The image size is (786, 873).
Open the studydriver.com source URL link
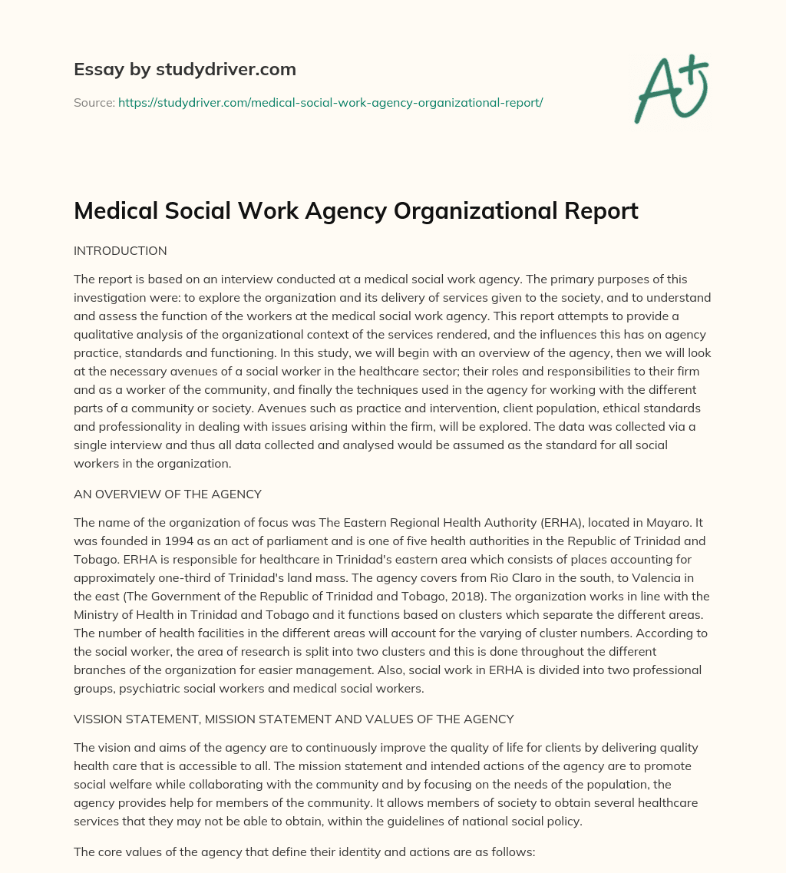tap(330, 102)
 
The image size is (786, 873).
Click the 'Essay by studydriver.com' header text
tap(184, 69)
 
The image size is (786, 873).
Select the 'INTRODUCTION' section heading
tap(120, 250)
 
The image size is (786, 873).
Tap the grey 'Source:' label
tap(94, 102)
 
